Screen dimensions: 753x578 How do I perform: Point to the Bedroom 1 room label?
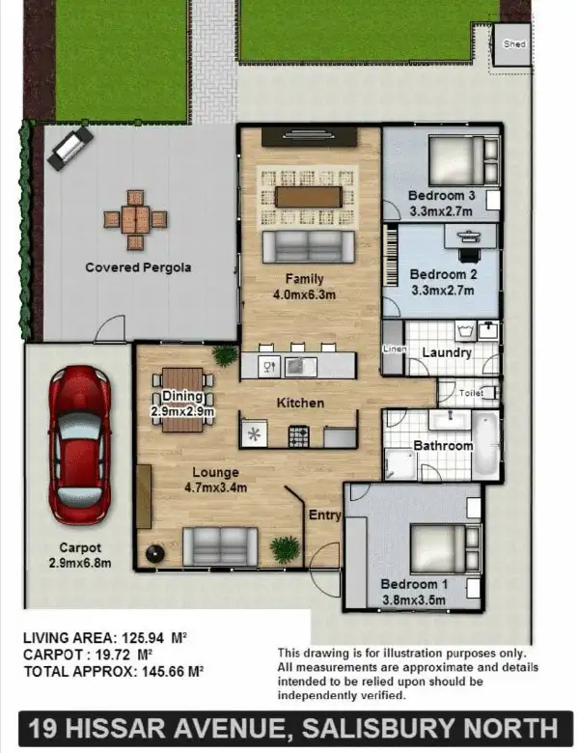(x=413, y=584)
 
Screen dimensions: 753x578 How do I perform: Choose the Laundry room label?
(x=447, y=352)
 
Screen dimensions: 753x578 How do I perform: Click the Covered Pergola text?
(x=138, y=267)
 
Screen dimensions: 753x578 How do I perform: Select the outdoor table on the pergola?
(x=136, y=219)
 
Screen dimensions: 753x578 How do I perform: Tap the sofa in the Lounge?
(x=220, y=546)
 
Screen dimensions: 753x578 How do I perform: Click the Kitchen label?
(x=300, y=403)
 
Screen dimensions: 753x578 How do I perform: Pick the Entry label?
(x=323, y=516)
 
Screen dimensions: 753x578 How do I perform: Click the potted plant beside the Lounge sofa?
(x=286, y=548)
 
